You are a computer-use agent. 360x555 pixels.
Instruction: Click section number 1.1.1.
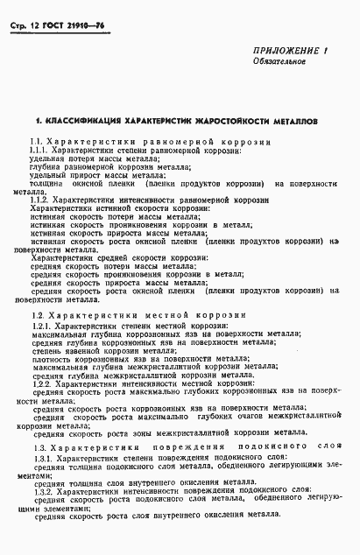(40, 151)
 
